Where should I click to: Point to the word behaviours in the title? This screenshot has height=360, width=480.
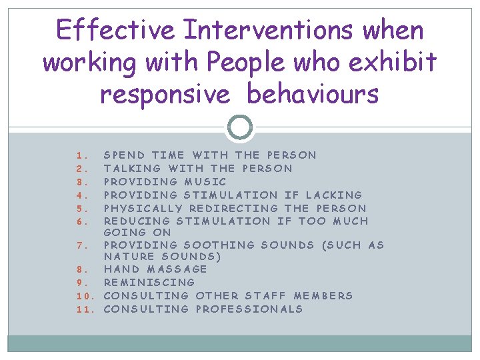click(x=313, y=94)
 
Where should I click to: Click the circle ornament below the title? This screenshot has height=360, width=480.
click(x=240, y=127)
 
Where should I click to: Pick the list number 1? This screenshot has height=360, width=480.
click(x=79, y=155)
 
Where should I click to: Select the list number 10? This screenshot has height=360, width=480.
click(x=83, y=295)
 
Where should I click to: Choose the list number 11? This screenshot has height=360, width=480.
click(x=83, y=309)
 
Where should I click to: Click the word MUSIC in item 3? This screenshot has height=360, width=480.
click(x=206, y=181)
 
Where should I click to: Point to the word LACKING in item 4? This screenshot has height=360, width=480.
click(x=333, y=195)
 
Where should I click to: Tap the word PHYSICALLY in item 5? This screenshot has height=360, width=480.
click(x=143, y=208)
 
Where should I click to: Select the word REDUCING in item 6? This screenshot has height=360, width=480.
click(x=137, y=221)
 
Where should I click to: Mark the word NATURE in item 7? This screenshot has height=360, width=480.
click(x=127, y=257)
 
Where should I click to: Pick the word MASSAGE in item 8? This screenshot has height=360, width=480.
click(x=177, y=269)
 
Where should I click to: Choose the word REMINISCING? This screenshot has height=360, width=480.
click(x=149, y=282)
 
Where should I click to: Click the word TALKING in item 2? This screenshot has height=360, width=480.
click(x=133, y=168)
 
